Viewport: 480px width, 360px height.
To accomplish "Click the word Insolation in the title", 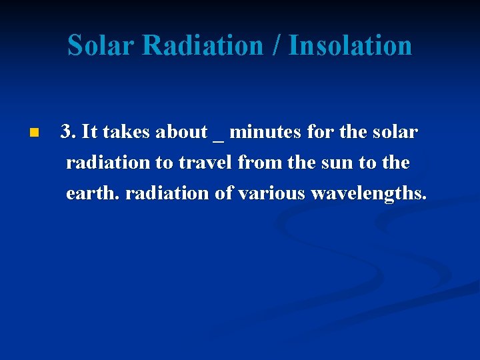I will (351, 45).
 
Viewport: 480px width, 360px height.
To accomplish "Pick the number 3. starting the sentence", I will (69, 132).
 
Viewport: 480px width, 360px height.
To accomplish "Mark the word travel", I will (203, 163).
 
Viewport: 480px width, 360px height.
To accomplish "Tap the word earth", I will (93, 193).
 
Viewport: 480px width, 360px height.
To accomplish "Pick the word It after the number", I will (89, 132).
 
